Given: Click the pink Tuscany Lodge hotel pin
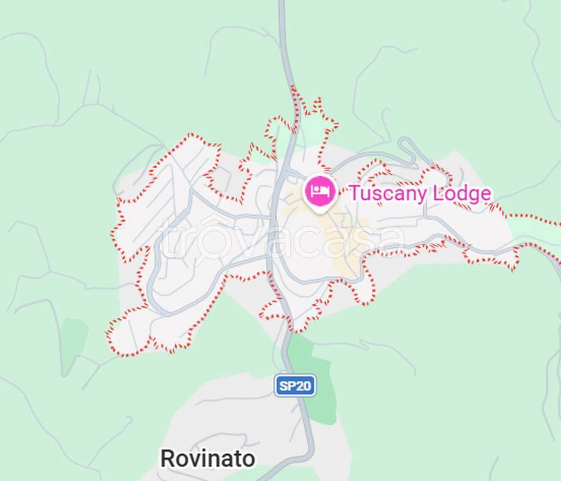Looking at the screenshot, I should coord(320,190).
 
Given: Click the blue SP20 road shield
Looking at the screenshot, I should coord(295,385).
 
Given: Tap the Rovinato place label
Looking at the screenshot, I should coord(207,458).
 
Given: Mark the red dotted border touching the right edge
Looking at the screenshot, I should coord(551,221).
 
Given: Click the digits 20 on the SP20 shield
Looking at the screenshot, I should coord(303,386).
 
